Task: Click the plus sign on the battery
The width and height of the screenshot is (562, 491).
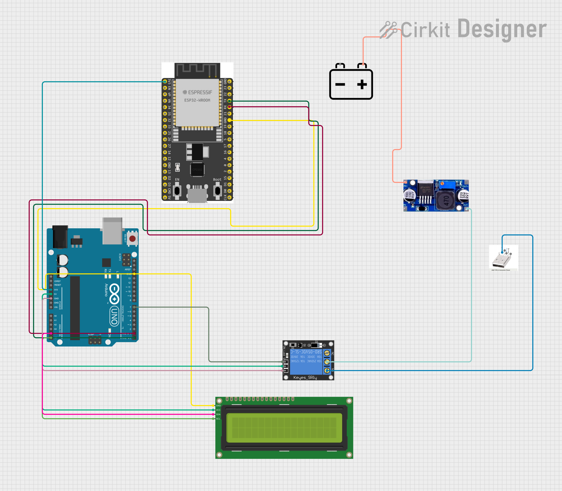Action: [x=362, y=84]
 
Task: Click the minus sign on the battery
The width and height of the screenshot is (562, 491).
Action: [x=340, y=84]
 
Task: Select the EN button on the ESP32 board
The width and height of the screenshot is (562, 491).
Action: [x=177, y=191]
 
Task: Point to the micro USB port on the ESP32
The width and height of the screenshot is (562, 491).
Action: [x=197, y=195]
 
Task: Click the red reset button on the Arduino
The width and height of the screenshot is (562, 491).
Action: [x=133, y=239]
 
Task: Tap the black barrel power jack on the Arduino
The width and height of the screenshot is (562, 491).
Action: [x=60, y=237]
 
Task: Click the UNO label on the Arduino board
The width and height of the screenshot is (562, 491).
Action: [x=114, y=317]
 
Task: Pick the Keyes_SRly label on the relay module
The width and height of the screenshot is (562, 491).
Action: [x=305, y=378]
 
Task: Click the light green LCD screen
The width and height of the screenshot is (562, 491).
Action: [x=284, y=428]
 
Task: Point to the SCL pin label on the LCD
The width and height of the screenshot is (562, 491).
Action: [x=218, y=419]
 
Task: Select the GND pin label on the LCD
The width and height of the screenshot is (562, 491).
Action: [x=218, y=406]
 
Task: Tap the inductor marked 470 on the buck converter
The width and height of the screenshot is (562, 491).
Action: [x=446, y=201]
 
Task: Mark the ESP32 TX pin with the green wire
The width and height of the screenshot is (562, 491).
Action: [x=230, y=101]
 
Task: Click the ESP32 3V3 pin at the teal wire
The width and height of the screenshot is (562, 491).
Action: [x=165, y=82]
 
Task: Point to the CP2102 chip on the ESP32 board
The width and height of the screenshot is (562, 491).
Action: [x=197, y=169]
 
